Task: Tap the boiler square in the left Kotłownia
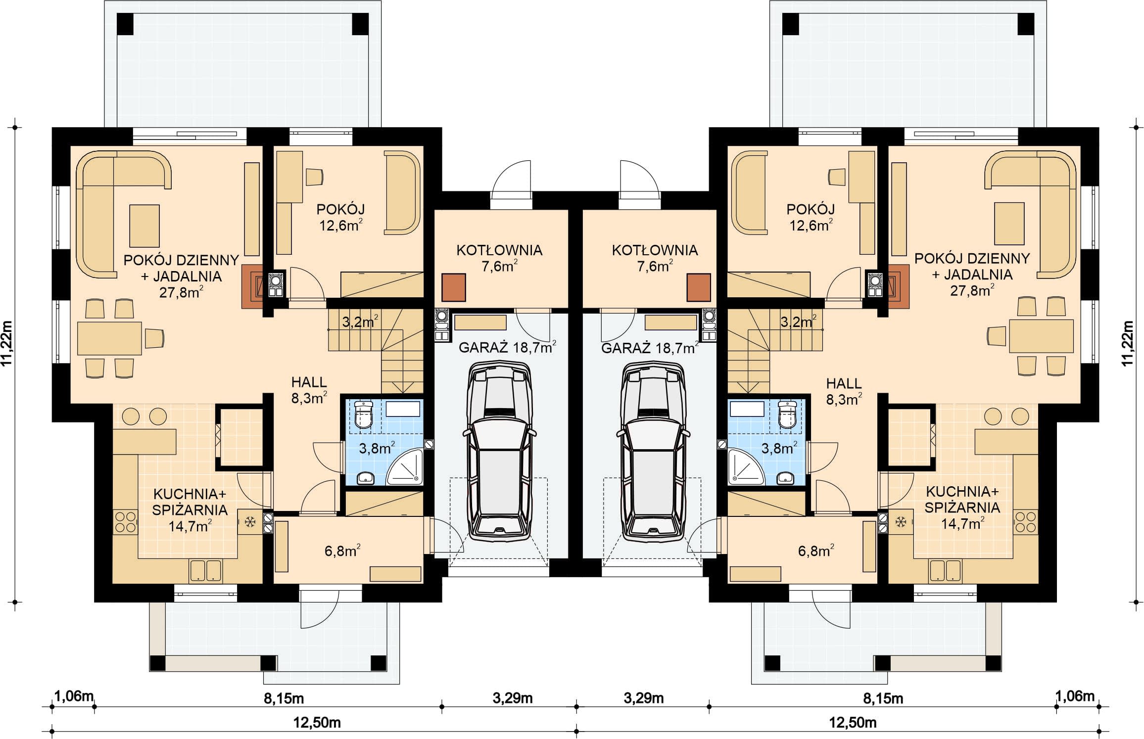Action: coord(453,288)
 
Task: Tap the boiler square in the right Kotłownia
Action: coord(699,288)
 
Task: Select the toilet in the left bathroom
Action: coord(364,414)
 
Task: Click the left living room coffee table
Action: coord(144,226)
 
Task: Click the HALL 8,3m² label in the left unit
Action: coord(309,390)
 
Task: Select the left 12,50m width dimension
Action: coord(317,723)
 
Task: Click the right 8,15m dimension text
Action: coord(883,698)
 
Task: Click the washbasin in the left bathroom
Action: coord(366,478)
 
